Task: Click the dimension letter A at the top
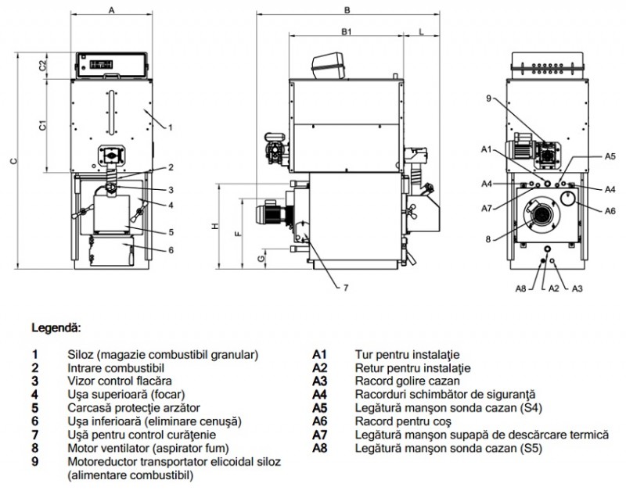(112, 10)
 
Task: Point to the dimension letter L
(423, 32)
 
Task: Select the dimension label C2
(44, 66)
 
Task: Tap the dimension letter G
(263, 255)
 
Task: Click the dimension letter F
(238, 233)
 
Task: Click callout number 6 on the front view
(171, 250)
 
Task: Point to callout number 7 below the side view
(344, 288)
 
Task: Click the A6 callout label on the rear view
(610, 209)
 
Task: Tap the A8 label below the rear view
(520, 288)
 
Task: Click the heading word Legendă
(56, 327)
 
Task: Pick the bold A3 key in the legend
(319, 381)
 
